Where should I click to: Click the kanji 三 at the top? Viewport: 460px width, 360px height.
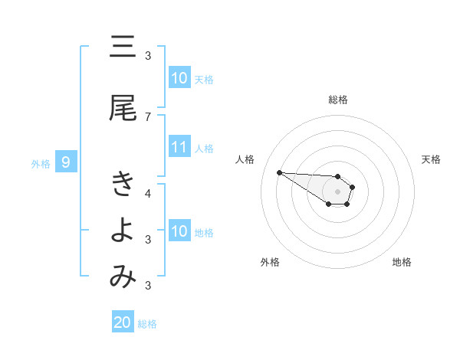[123, 47]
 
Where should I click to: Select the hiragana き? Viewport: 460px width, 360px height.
[123, 183]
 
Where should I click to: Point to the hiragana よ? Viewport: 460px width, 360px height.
[123, 231]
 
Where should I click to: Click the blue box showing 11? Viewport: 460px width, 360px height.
[179, 148]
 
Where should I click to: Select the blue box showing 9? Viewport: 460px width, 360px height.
[66, 162]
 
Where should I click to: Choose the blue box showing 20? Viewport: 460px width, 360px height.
[123, 322]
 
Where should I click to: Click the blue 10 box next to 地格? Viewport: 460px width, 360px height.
[179, 231]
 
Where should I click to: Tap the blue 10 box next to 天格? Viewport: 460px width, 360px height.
[179, 78]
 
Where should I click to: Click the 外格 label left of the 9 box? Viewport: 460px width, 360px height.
[41, 163]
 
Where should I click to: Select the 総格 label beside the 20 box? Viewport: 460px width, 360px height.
[147, 324]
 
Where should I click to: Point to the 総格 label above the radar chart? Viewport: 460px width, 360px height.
[338, 100]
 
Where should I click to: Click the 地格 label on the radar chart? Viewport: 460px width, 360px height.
[402, 262]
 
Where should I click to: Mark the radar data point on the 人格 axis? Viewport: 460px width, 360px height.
[279, 172]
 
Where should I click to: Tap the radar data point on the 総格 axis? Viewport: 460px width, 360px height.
[338, 176]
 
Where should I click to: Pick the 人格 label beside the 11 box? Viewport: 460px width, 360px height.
[204, 149]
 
